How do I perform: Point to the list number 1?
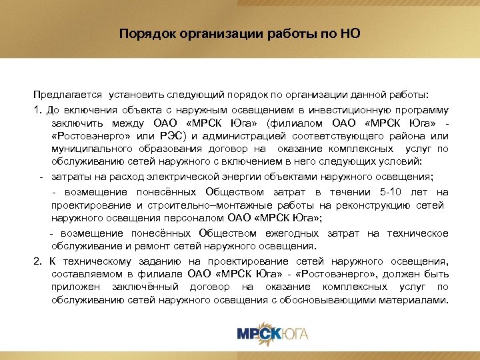click(37, 109)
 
